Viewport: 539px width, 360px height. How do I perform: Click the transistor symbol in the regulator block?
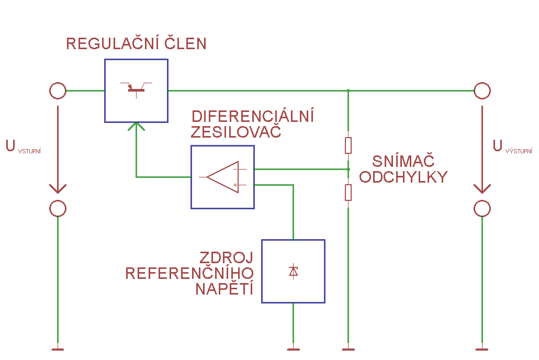[x=137, y=89]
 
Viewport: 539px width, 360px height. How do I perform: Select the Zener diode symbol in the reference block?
[x=293, y=271]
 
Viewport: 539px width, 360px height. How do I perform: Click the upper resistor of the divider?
[x=348, y=145]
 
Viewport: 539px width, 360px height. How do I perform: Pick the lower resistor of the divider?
[x=348, y=193]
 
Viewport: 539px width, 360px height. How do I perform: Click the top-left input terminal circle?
[x=58, y=91]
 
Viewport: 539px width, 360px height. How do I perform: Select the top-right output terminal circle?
[x=482, y=91]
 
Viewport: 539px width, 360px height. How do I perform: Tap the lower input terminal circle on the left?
[x=58, y=208]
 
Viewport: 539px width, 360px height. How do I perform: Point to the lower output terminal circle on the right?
[x=482, y=208]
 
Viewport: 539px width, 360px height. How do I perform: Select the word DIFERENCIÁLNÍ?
[x=253, y=116]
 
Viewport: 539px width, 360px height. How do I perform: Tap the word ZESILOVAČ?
[x=236, y=132]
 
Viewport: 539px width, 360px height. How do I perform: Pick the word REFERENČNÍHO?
[x=189, y=273]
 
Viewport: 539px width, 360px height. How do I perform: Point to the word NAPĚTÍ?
[x=224, y=289]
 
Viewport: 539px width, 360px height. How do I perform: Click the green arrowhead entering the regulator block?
[x=137, y=126]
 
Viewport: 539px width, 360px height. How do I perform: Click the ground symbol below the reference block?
[x=293, y=349]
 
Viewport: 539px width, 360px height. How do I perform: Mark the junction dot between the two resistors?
[x=348, y=169]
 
